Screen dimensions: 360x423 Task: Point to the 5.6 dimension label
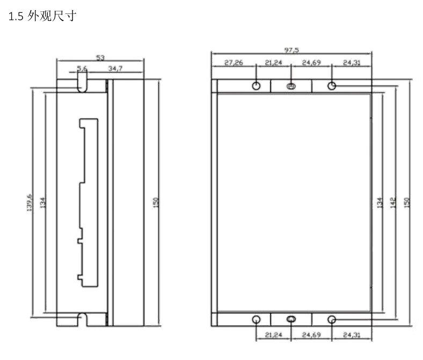point(82,69)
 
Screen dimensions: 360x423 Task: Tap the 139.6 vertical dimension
point(30,202)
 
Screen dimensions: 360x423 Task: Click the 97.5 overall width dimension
point(291,50)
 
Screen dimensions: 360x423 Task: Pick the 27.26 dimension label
point(234,63)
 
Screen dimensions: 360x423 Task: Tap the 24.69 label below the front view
point(311,335)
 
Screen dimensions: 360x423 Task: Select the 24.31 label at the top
point(352,63)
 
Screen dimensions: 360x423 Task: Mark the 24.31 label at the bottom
point(352,335)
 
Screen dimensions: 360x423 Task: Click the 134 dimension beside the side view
point(42,202)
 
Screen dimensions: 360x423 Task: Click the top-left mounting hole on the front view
point(257,86)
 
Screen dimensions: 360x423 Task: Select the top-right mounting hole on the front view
point(332,86)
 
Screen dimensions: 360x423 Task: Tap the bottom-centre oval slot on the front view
point(291,319)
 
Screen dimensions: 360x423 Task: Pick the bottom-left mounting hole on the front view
point(257,319)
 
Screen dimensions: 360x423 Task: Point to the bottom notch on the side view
point(82,318)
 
